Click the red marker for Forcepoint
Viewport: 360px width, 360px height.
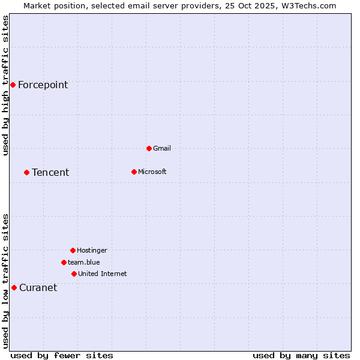[13, 85]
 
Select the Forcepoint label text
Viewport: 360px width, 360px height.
[43, 85]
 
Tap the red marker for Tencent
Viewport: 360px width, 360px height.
[26, 172]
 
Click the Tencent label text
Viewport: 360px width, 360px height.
[50, 173]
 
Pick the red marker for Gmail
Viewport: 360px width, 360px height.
[149, 148]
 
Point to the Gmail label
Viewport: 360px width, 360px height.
[162, 148]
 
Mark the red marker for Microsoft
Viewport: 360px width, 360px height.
[134, 172]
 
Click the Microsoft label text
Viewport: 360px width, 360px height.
[152, 172]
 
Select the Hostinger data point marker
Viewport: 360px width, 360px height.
[73, 250]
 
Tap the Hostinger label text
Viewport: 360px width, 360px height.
[92, 250]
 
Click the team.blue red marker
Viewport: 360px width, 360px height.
[64, 262]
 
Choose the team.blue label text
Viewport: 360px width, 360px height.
[83, 262]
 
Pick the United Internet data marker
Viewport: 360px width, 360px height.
[74, 274]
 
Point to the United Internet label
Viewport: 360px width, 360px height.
[102, 274]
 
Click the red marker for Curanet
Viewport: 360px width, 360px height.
[14, 287]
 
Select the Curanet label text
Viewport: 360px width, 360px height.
[38, 288]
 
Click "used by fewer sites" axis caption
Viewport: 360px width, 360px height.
[62, 355]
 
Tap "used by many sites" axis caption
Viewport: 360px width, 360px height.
[301, 355]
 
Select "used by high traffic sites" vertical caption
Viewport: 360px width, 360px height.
[5, 85]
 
